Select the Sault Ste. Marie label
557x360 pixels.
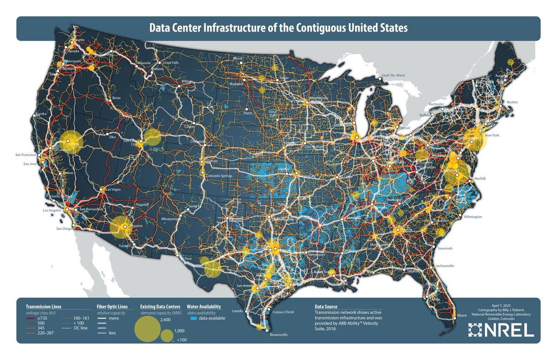pos(393,75)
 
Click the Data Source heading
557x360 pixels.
pos(326,307)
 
